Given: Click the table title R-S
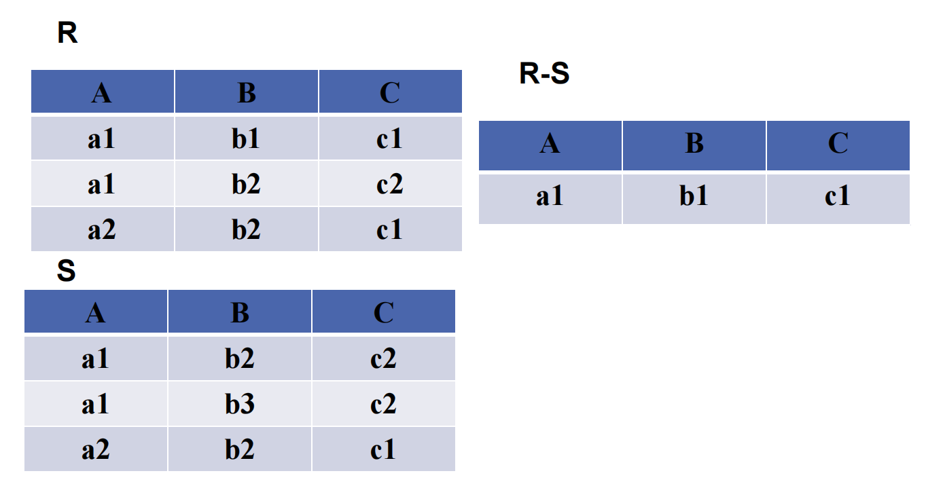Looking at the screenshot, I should coord(544,74).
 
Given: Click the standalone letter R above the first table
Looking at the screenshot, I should coord(67,33).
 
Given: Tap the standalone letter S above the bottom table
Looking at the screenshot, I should coord(66,272).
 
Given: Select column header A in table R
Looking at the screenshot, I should coord(102,92).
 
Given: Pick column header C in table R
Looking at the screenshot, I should coord(389,92).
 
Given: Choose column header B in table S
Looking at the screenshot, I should coord(240,312).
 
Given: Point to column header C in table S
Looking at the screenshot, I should coord(383,312).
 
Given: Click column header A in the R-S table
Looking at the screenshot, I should coord(550,144).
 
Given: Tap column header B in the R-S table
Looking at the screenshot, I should coord(694,144).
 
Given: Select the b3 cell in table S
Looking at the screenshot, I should coord(240,405).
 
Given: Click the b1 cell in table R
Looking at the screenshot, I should coord(246,139).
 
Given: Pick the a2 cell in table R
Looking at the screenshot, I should coord(102,230).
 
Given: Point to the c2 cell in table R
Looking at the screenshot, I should coord(389,184).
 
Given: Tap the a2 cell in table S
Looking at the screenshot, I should coord(96,449).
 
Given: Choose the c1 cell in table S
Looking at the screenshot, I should coord(383,449).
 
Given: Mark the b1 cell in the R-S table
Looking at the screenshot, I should coord(694,197).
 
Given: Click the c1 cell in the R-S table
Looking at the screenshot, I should coord(838,197).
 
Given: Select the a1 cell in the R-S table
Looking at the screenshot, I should coord(550,197).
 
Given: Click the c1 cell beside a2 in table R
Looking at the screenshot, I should coord(389,230).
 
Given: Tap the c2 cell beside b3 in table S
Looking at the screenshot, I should coord(383,405).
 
